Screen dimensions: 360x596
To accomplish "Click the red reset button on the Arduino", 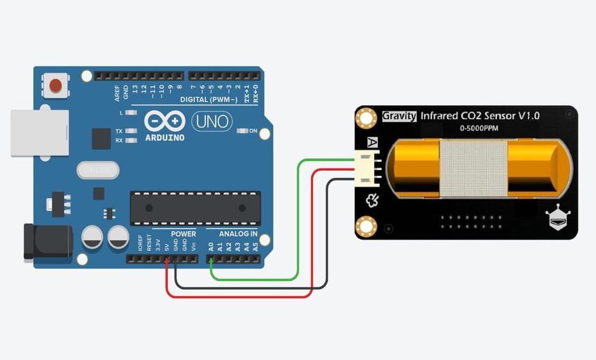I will [x=56, y=85].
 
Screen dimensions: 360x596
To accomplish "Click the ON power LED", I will [x=242, y=131].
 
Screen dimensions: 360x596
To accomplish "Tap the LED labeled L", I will [x=131, y=113].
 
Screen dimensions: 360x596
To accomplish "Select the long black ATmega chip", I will [x=195, y=208].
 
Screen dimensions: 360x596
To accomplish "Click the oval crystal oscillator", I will [x=99, y=170].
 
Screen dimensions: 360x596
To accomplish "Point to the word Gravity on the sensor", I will [x=399, y=116].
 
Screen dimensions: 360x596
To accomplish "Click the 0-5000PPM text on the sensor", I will [x=479, y=129].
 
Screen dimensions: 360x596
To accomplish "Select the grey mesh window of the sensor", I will [x=473, y=167].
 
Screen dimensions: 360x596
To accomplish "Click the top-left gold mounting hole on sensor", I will [x=367, y=117].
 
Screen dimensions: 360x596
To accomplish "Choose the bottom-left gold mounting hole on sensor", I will [x=367, y=226].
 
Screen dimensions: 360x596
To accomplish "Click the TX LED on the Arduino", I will [x=131, y=131].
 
